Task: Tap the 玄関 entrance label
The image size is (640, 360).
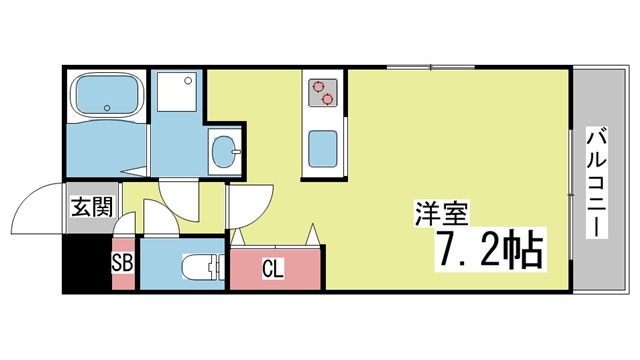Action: point(89,209)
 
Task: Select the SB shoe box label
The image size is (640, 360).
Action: point(121,264)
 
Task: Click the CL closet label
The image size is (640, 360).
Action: point(273,267)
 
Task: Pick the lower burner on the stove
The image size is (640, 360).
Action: point(326,99)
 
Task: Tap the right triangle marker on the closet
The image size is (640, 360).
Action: point(313,236)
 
